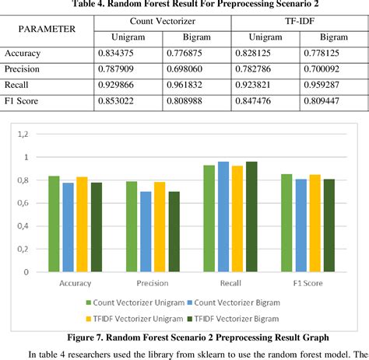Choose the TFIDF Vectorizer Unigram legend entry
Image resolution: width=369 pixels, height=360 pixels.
click(138, 319)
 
